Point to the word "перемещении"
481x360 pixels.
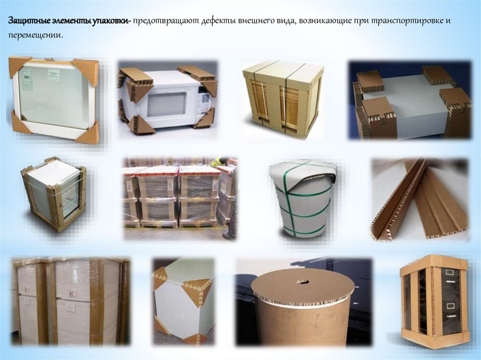(35, 35)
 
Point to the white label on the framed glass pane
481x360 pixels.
(54, 75)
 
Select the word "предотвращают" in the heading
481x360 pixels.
(166, 21)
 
